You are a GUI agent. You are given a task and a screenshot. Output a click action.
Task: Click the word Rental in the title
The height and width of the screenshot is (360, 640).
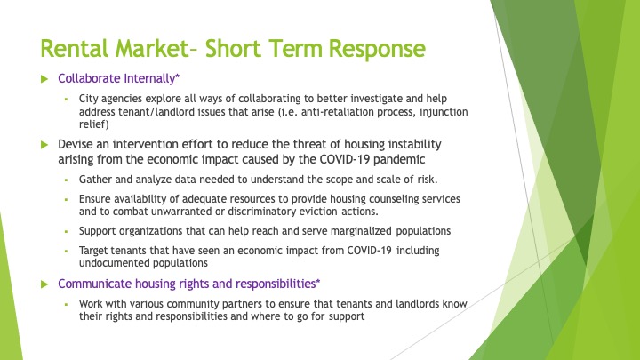(75, 49)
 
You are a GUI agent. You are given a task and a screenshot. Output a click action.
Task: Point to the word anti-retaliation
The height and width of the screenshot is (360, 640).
(337, 112)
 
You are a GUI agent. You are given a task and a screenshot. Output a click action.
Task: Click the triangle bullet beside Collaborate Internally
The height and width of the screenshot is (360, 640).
(45, 79)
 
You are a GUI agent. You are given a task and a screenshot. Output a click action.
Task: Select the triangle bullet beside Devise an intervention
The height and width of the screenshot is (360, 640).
(45, 145)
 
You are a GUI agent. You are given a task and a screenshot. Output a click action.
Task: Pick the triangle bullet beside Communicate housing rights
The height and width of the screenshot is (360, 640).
(45, 284)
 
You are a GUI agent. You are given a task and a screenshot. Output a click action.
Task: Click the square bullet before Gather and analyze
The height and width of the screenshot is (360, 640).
(66, 180)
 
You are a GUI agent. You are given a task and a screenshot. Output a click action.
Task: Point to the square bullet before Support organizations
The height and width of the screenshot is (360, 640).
(66, 231)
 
